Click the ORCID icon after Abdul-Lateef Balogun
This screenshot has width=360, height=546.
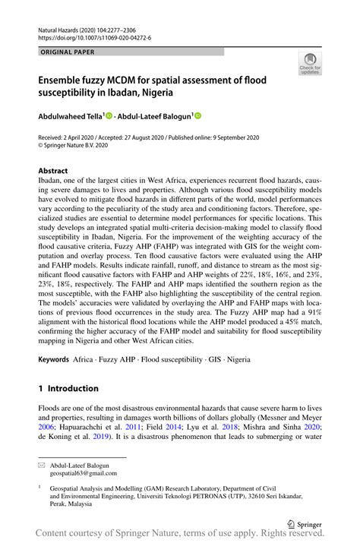click(x=198, y=115)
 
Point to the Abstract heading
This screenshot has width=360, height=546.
click(x=53, y=171)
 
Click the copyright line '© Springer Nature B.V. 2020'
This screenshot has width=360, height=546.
click(x=77, y=146)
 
